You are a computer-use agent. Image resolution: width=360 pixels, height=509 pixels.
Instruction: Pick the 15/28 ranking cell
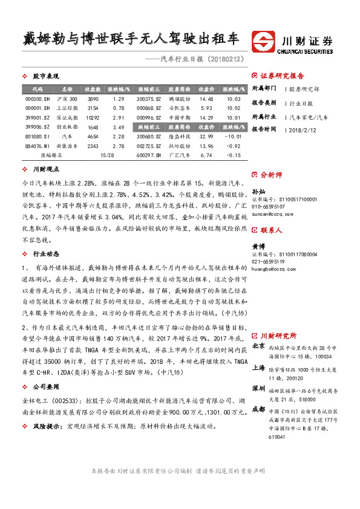click(107, 155)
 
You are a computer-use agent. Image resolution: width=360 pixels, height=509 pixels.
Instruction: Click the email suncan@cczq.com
click(268, 214)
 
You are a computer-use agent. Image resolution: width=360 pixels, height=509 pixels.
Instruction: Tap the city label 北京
click(258, 346)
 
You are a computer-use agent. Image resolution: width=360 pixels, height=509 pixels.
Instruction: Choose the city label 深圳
click(258, 387)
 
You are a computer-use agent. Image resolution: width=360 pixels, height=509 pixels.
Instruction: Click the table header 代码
click(29, 89)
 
